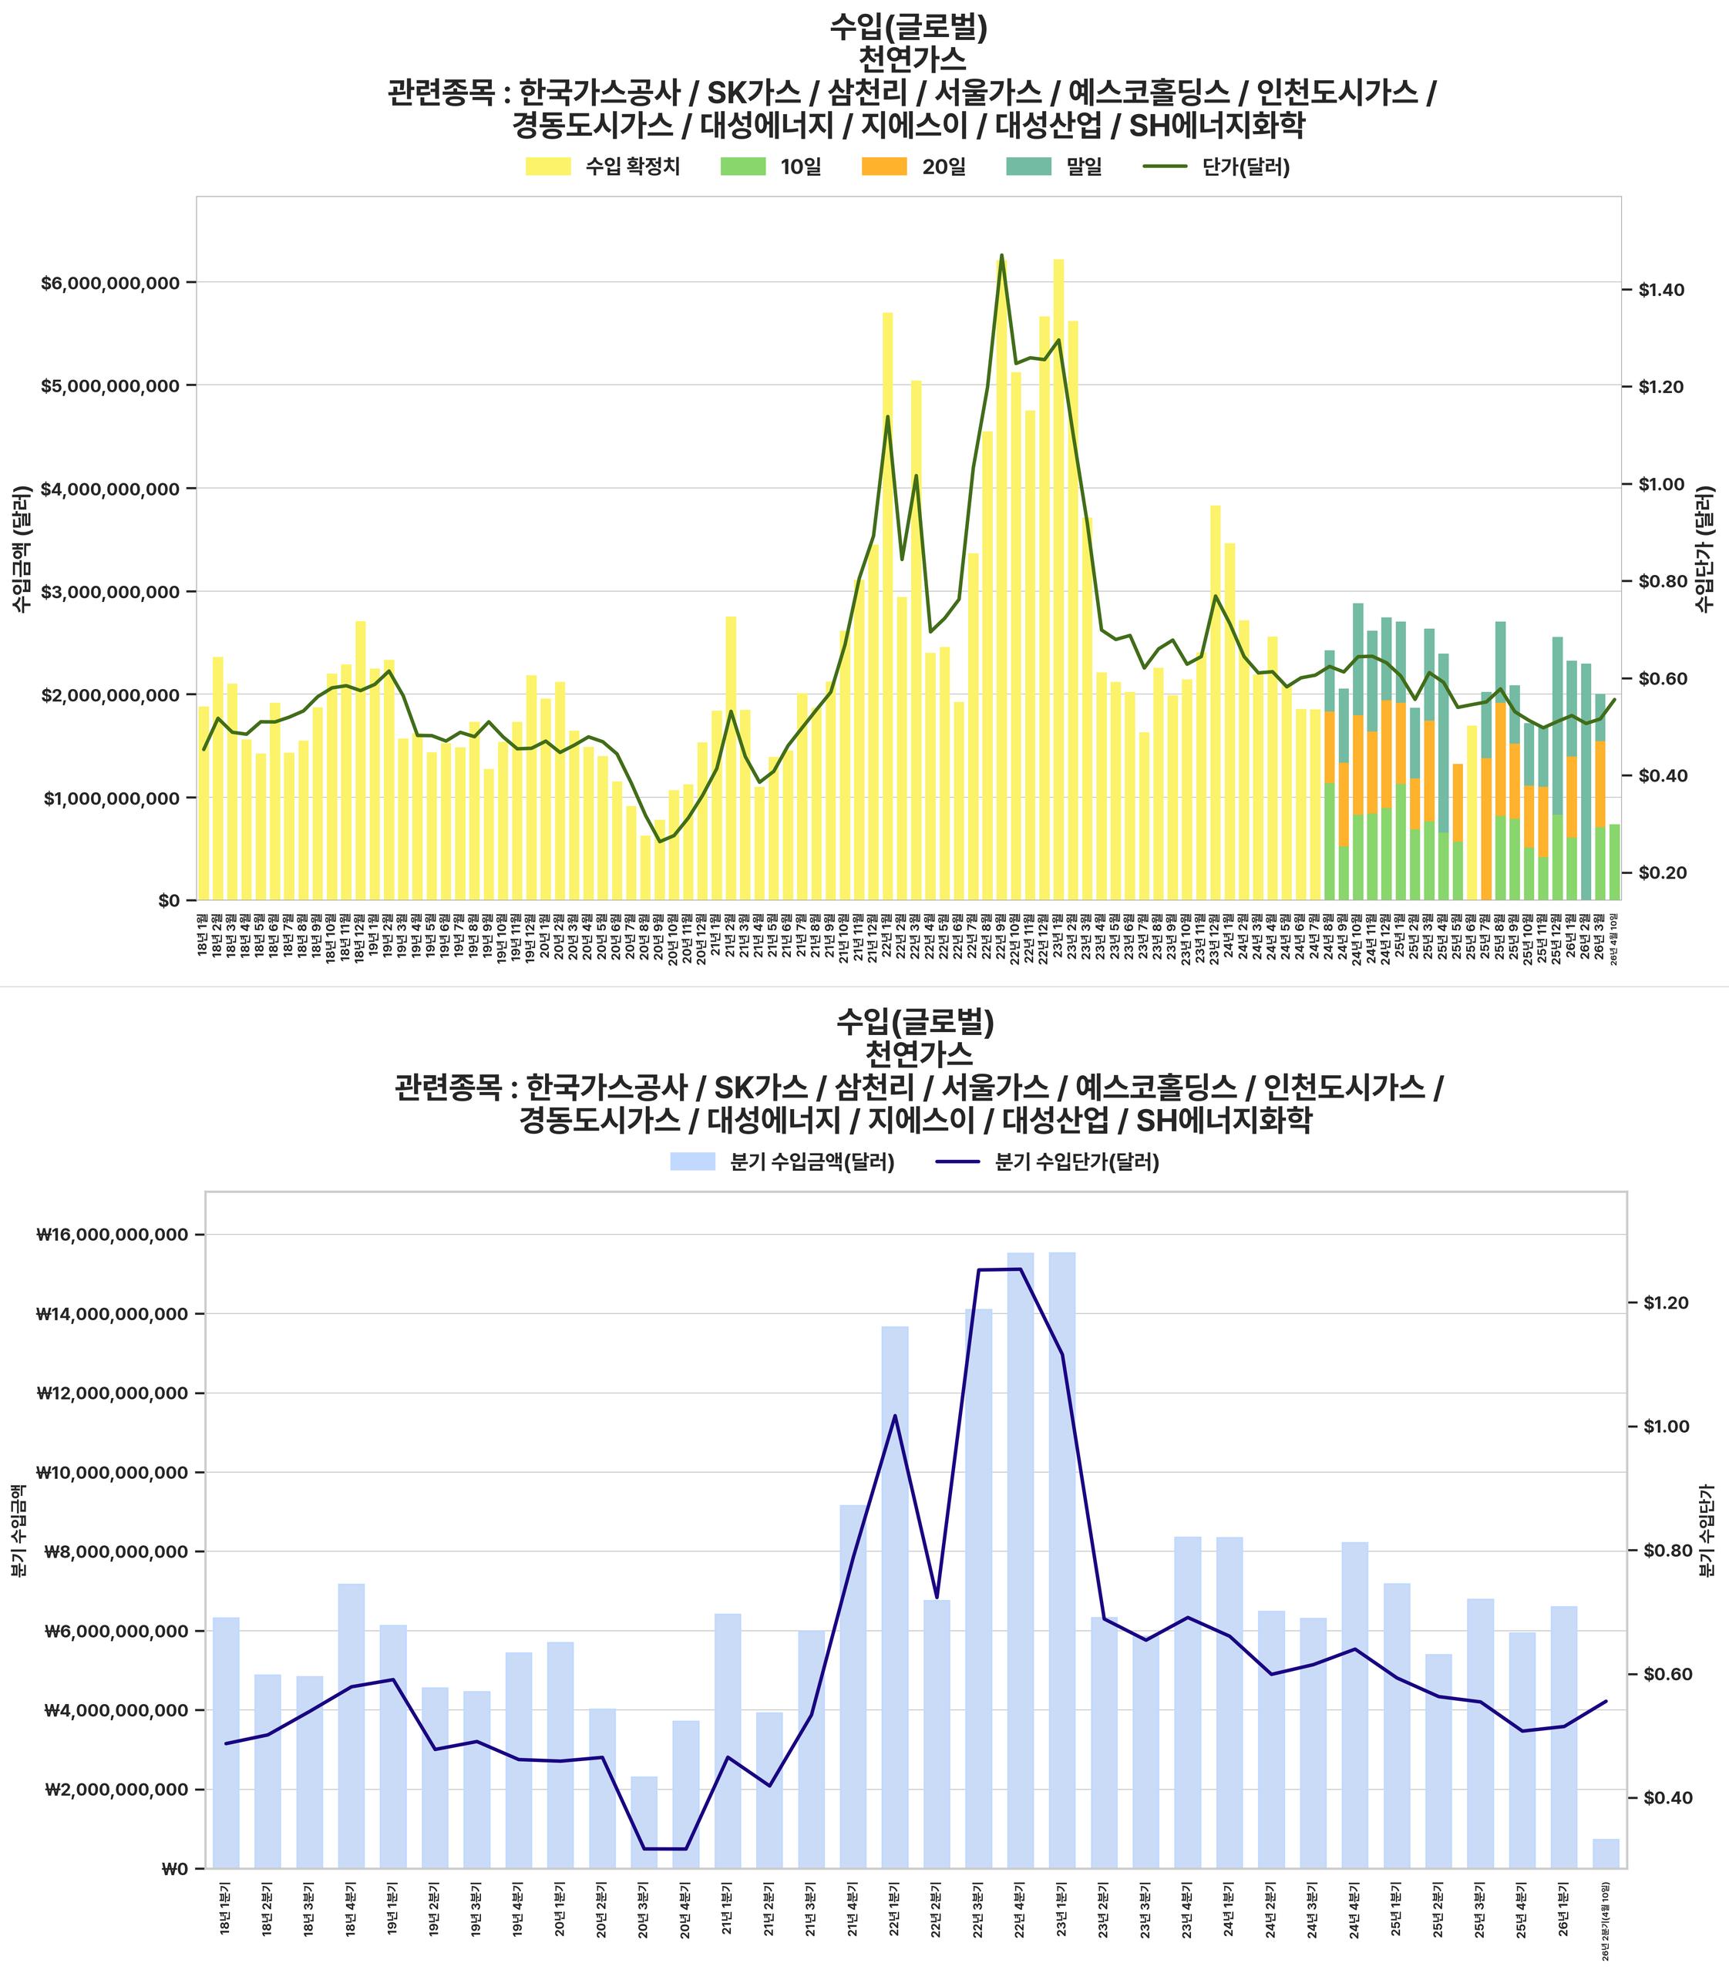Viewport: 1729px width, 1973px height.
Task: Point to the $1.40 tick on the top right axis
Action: tap(1661, 291)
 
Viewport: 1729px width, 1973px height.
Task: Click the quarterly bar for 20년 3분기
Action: tap(644, 1823)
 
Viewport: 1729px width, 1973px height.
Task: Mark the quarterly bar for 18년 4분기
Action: tap(352, 1726)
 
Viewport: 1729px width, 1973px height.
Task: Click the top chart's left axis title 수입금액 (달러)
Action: tap(22, 548)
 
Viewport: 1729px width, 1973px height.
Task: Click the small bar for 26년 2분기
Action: tap(1606, 1854)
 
